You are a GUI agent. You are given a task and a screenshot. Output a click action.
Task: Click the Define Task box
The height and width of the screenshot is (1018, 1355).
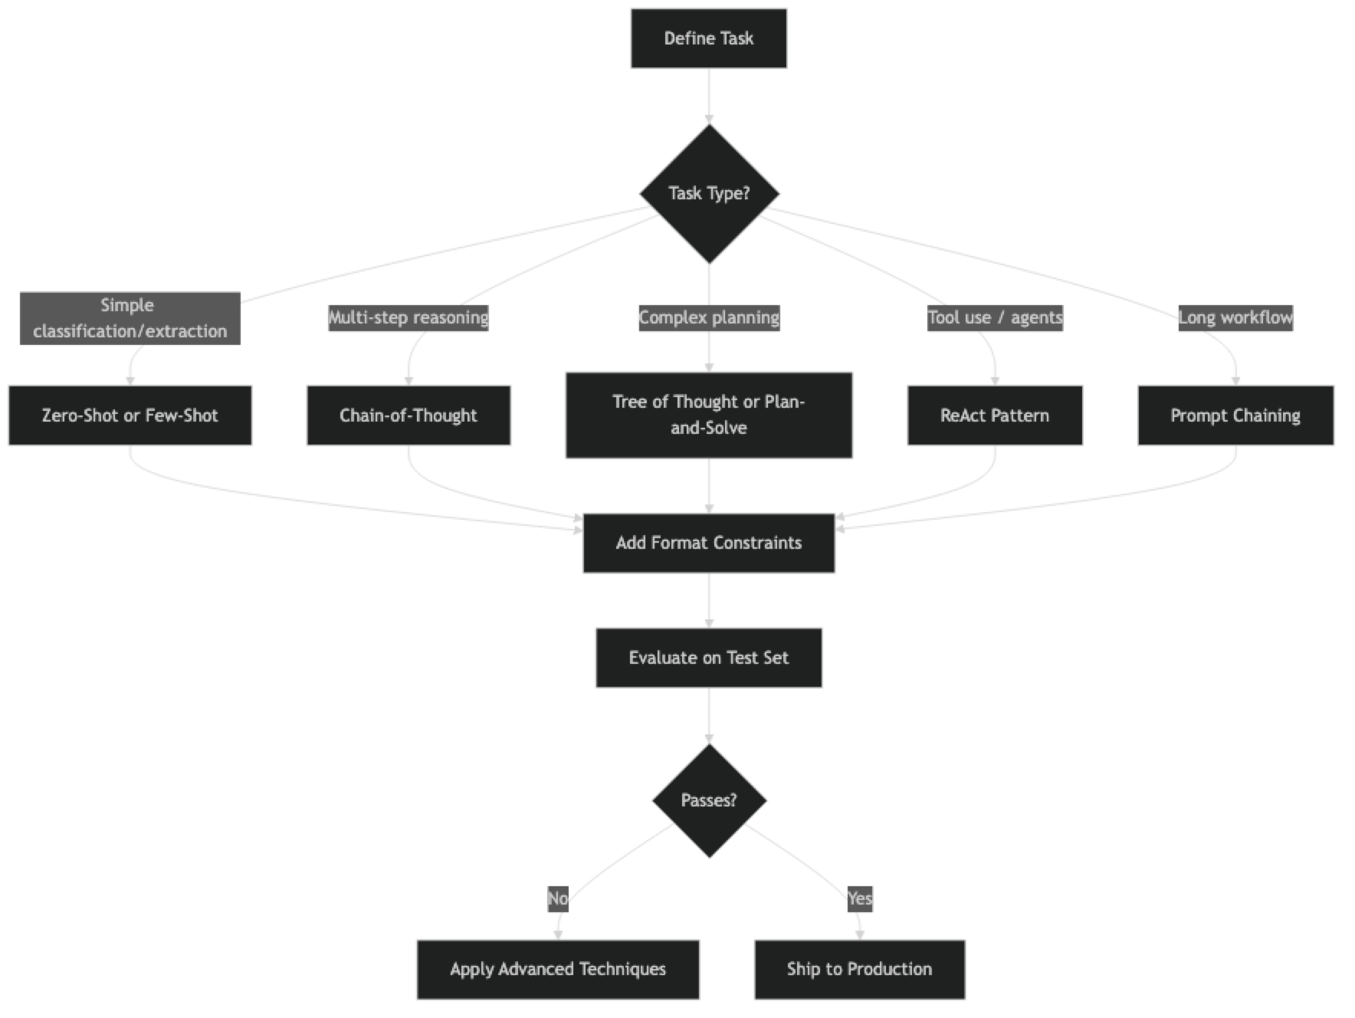point(708,38)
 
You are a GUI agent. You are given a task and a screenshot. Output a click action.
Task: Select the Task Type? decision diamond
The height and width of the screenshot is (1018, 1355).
point(709,193)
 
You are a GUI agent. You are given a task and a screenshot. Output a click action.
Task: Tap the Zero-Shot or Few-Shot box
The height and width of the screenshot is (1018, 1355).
point(130,415)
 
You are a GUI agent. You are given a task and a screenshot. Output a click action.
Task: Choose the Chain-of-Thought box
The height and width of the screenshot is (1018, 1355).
point(408,415)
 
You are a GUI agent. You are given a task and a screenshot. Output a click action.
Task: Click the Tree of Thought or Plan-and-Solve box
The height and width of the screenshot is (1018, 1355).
point(709,415)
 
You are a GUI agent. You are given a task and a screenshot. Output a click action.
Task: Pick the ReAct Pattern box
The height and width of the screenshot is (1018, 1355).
point(994,415)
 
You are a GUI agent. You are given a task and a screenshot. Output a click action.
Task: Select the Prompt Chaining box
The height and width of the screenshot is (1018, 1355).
point(1235,415)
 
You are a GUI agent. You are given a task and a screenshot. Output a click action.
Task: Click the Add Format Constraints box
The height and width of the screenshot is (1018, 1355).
point(709,543)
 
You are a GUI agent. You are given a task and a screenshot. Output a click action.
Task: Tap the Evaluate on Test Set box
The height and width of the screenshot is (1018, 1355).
point(709,658)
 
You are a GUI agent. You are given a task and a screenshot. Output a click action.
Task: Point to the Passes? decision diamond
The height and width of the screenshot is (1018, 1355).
point(709,800)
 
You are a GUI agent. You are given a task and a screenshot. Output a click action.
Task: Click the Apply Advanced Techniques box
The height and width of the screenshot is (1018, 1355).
point(558,969)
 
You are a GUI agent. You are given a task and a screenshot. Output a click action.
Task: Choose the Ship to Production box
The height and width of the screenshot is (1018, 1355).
point(859,969)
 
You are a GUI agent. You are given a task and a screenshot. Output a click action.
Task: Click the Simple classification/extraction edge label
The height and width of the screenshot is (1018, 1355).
point(130,318)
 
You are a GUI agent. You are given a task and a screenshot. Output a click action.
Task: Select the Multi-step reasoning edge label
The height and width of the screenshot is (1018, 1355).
point(408,317)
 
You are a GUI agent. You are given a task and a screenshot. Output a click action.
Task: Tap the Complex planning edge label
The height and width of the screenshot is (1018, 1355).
point(709,317)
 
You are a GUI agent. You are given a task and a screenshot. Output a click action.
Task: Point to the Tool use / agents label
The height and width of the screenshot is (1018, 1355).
point(995,317)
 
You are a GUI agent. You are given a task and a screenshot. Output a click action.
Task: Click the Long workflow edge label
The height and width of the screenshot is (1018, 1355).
point(1235,317)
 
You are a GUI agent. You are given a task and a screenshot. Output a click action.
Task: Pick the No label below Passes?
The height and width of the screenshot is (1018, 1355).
point(558,898)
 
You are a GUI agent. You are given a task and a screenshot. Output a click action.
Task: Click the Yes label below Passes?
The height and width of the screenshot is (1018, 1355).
point(860,898)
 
